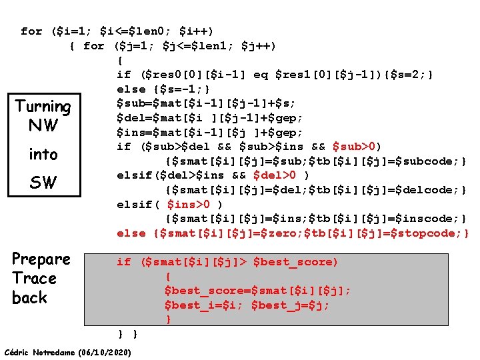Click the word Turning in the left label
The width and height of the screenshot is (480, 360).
click(43, 107)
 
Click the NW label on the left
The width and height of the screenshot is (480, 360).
click(43, 126)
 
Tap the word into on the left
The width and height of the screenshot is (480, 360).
click(43, 155)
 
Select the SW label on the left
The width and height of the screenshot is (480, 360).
click(43, 182)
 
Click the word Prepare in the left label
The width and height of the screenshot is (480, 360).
click(41, 259)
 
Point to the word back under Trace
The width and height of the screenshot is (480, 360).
click(30, 298)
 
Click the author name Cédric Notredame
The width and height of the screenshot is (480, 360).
click(39, 352)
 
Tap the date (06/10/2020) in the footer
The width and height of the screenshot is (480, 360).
click(104, 352)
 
